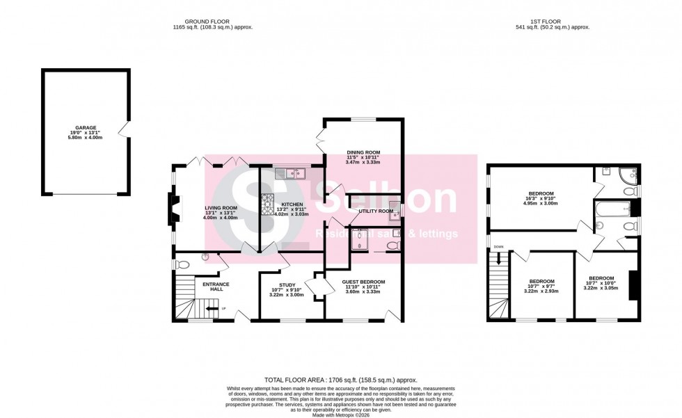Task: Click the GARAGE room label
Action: point(86,128)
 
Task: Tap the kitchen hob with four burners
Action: point(267,204)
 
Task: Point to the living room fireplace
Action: point(171,209)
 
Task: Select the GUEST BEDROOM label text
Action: point(363,282)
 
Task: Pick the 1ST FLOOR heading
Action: point(550,22)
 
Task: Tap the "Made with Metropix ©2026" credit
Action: point(340,415)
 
